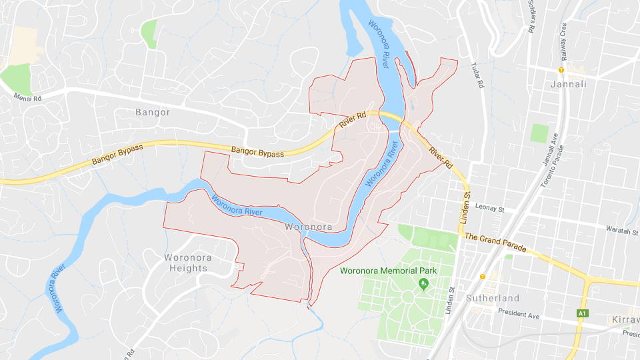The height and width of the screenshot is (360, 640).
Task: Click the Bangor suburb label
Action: click(x=153, y=112)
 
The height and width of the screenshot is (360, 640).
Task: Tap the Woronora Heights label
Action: click(x=186, y=262)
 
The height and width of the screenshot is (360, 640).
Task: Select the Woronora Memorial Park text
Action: click(x=388, y=271)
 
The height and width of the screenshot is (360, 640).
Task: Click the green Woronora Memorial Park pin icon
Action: click(x=422, y=285)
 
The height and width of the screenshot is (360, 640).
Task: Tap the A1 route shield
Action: click(x=583, y=313)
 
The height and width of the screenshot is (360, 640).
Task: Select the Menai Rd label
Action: click(x=27, y=97)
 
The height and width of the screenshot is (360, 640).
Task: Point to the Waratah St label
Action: click(x=622, y=229)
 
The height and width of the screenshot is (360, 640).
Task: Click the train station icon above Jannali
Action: click(x=561, y=70)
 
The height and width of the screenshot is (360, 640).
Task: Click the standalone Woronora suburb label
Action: click(x=308, y=227)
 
